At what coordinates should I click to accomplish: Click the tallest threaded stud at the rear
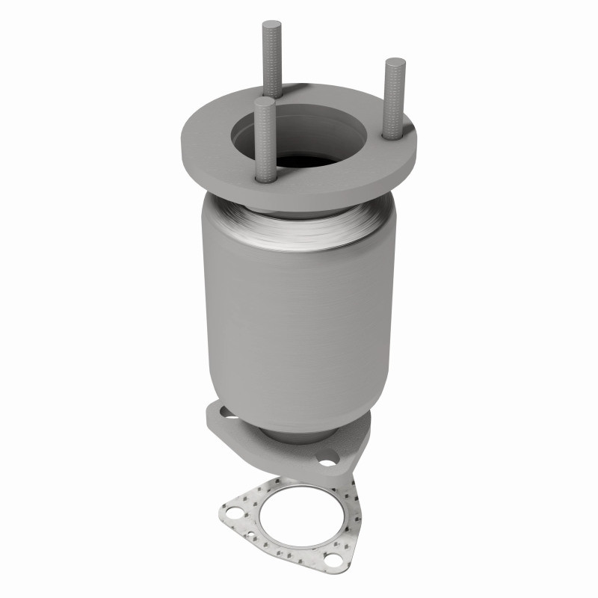[x=270, y=60]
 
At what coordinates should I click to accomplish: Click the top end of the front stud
[x=262, y=101]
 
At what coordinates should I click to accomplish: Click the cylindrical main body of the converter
[x=299, y=314]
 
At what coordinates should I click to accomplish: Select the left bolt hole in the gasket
[x=235, y=514]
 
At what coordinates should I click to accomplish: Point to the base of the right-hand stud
[x=389, y=134]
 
